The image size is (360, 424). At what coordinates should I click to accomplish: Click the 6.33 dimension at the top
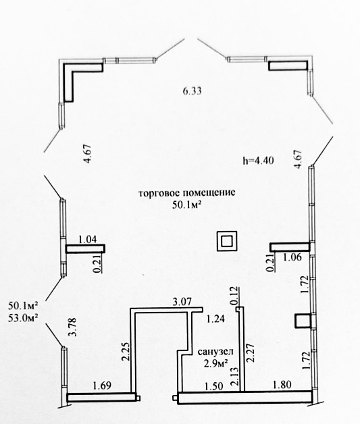point(192,91)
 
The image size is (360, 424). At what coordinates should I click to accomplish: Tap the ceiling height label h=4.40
point(258,161)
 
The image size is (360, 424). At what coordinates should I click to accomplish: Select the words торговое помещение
point(187,193)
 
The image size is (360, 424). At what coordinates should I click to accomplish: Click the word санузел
point(215,352)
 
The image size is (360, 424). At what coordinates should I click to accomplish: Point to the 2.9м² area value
point(215,363)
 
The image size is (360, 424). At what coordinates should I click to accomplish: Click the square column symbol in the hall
point(227,241)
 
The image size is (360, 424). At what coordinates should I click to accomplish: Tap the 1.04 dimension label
point(88,239)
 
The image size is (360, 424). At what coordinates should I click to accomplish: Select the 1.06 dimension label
point(292,257)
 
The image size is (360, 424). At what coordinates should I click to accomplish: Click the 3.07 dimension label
point(182,301)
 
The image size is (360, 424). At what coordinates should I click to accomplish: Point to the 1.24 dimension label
point(215,319)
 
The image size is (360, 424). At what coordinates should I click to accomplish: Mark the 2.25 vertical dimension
point(126,352)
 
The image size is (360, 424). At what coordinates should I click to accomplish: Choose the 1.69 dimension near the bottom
point(102,386)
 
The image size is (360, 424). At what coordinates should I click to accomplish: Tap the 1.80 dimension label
point(282,384)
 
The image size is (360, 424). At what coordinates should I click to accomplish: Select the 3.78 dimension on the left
point(73,327)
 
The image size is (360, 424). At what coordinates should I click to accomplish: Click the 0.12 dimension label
point(234,296)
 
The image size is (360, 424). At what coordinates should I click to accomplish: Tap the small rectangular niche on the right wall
point(303,321)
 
